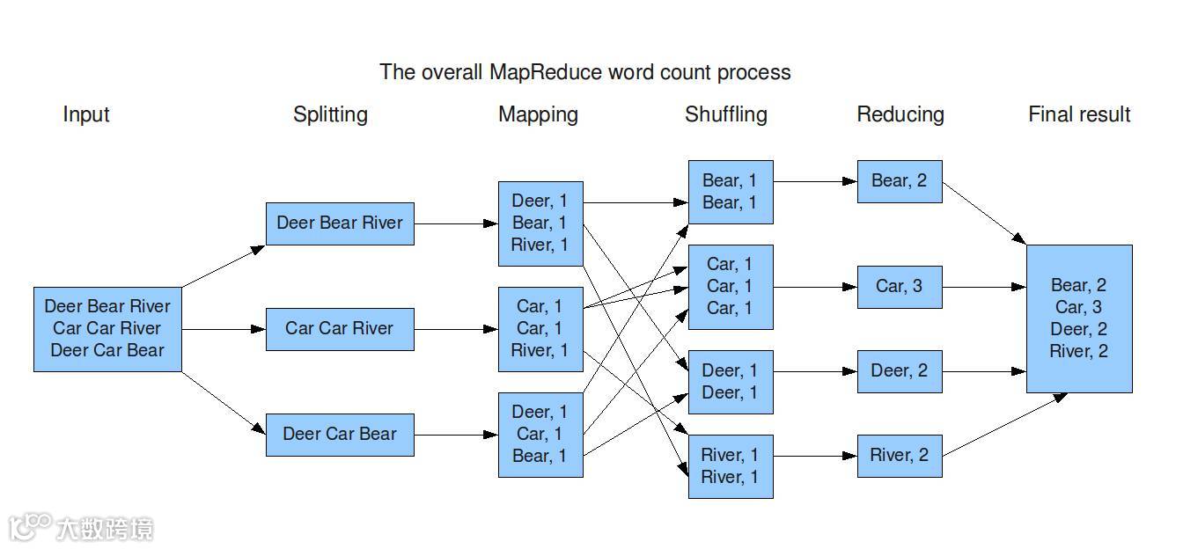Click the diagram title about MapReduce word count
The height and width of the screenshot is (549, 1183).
584,72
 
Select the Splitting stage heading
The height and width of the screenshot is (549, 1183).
330,114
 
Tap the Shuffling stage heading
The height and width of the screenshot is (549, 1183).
725,114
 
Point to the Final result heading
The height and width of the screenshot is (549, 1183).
1079,114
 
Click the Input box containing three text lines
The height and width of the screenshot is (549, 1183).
107,328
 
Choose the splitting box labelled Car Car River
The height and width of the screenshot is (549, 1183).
340,329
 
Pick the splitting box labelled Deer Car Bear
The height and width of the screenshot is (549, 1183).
340,434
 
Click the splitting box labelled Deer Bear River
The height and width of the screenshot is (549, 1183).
340,223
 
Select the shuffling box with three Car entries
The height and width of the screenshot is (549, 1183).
730,287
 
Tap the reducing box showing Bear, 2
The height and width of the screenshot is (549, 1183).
899,181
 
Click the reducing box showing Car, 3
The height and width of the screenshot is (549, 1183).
899,287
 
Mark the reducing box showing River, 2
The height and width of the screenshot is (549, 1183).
899,456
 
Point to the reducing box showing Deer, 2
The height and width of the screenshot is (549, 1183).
899,371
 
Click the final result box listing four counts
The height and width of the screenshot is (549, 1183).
1079,318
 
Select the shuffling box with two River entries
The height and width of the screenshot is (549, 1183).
730,466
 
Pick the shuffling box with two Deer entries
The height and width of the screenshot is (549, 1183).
730,382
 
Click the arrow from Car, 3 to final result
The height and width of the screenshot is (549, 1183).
984,287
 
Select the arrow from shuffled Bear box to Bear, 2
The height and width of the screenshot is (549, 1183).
815,181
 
